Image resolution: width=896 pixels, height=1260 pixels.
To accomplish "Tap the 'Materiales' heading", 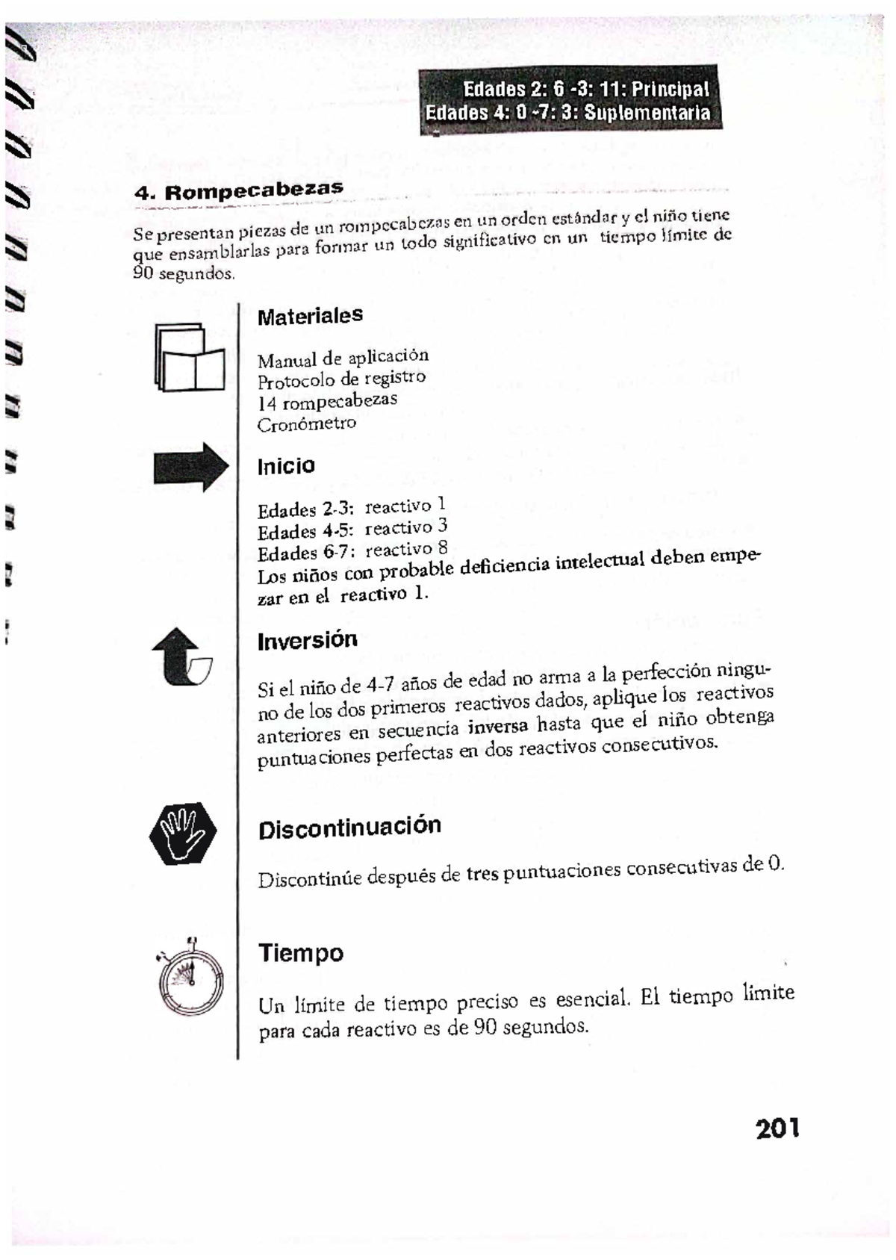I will pos(310,316).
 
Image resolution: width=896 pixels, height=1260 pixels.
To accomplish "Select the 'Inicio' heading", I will pos(286,466).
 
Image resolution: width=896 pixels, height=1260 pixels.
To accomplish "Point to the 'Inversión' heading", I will pos(307,640).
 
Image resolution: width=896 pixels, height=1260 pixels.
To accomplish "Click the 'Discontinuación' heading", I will pos(349,828).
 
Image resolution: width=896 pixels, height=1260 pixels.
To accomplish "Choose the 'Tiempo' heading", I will pos(300,953).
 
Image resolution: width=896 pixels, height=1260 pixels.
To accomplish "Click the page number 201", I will pos(777,1128).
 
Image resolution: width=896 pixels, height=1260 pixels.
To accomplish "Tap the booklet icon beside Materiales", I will pos(189,358).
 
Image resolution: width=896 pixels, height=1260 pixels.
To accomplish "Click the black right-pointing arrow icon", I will pos(190,467).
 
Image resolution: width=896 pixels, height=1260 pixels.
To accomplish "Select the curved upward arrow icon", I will pos(181,657).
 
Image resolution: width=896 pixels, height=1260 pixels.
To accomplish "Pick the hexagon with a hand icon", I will pos(182,834).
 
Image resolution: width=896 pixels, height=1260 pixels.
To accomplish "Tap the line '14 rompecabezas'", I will pos(327,402).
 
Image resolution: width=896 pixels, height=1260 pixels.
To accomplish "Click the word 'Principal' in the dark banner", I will pos(670,90).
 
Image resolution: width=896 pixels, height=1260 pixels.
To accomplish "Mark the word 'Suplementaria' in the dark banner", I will pos(647,113).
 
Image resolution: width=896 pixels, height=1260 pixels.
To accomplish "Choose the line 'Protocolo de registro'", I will pos(341,379).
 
